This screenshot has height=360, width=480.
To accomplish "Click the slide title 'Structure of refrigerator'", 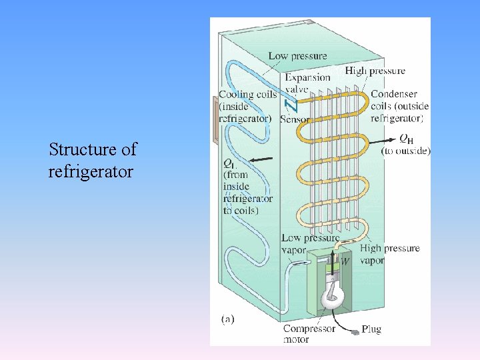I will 92,161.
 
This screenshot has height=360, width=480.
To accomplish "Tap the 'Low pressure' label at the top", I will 297,56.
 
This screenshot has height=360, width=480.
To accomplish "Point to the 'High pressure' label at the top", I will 375,71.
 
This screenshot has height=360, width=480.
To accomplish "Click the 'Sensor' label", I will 295,119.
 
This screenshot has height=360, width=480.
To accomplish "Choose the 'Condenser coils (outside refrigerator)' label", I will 399,106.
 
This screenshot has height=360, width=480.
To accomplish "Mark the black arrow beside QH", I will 383,141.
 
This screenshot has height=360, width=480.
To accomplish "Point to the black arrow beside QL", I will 263,159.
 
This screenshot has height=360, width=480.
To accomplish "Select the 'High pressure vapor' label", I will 389,254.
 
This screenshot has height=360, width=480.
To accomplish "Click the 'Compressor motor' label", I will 309,334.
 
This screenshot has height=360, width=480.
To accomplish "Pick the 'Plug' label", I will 371,329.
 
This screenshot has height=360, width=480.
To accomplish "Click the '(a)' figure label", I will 227,319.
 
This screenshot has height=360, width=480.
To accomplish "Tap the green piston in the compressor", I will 331,266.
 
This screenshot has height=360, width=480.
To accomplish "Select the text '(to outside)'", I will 405,151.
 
